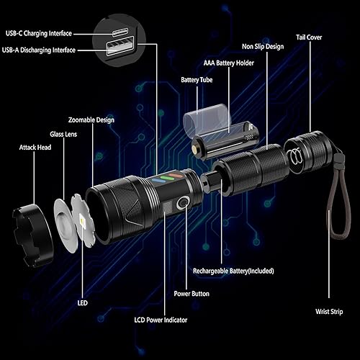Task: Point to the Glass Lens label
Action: click(x=66, y=133)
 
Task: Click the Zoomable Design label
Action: click(x=91, y=120)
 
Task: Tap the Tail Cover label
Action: click(x=312, y=37)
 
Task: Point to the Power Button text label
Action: click(x=191, y=293)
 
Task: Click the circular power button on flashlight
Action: click(x=183, y=203)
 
